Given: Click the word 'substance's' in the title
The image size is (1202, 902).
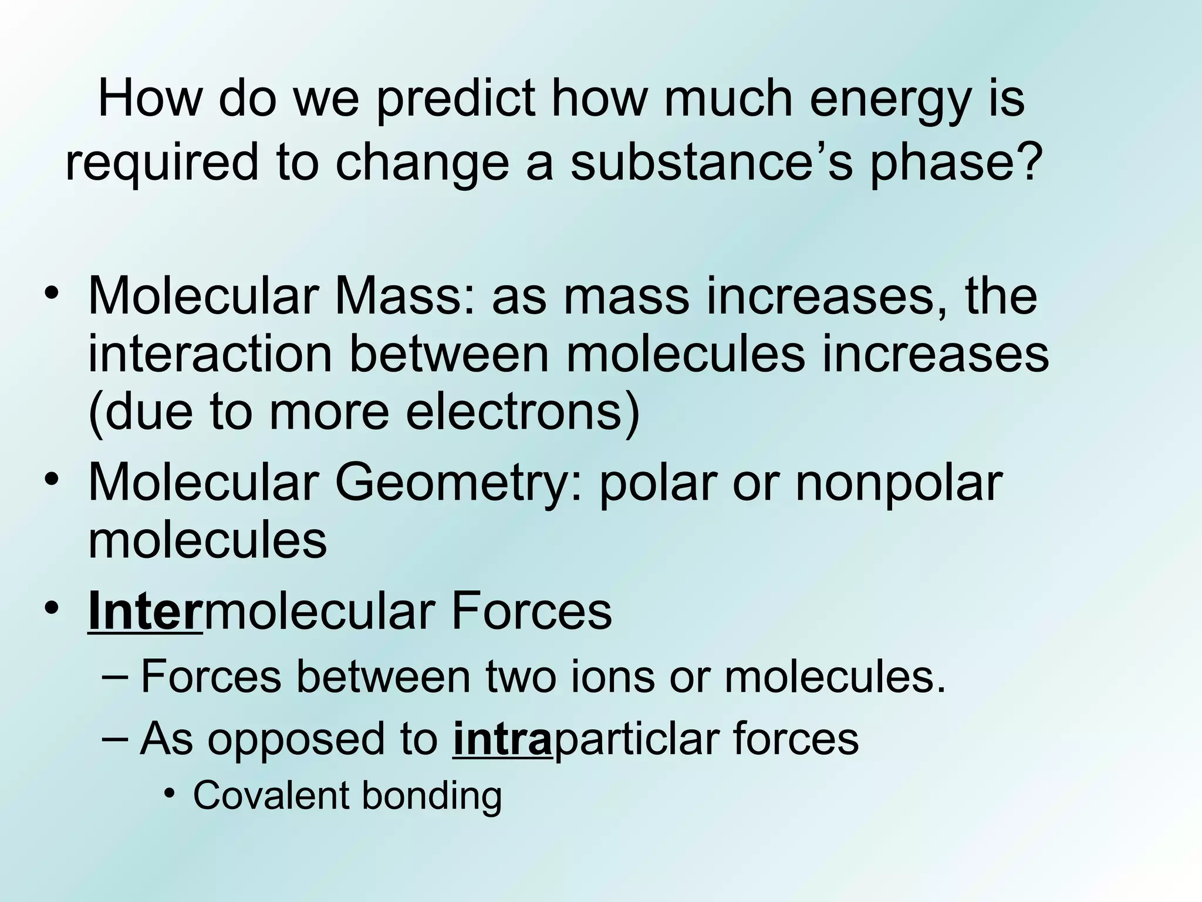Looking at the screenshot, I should [711, 163].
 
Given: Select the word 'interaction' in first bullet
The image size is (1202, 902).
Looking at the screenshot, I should [210, 355].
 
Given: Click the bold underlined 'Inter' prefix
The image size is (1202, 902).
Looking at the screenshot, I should [144, 612].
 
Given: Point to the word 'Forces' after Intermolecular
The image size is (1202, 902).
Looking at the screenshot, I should [532, 612].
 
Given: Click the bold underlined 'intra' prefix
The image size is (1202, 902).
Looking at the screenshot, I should [502, 738].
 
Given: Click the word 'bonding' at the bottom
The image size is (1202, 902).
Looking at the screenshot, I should [431, 796].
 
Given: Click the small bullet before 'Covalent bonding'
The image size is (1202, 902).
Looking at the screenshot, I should [170, 795].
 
